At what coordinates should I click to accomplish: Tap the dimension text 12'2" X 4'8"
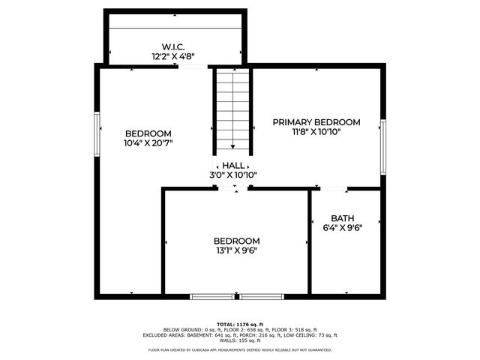[175, 55]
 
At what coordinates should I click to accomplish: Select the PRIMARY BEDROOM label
[316, 121]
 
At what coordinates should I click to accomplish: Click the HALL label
[233, 165]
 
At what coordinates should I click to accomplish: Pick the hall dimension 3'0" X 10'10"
[233, 175]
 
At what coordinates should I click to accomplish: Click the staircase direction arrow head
[232, 147]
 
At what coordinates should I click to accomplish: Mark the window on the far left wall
[97, 136]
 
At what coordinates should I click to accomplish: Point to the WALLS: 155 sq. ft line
[239, 340]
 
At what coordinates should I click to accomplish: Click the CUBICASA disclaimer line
[239, 349]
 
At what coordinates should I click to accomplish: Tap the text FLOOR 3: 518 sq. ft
[295, 330]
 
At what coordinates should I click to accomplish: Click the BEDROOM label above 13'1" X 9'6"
[236, 240]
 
